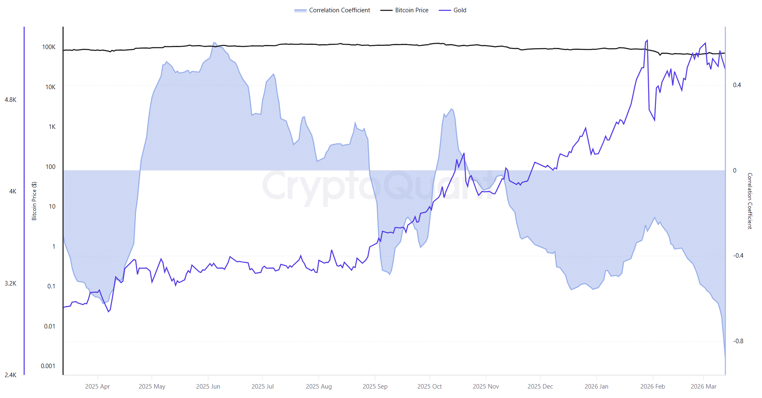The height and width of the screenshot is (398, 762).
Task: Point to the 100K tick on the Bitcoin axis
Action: point(49,47)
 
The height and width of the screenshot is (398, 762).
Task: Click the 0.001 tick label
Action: point(48,366)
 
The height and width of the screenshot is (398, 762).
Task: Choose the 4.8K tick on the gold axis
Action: point(11,100)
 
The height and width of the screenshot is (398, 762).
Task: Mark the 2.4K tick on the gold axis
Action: point(11,375)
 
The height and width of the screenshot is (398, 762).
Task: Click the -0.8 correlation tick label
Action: point(738,341)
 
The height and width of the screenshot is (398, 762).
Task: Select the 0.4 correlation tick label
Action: point(737,85)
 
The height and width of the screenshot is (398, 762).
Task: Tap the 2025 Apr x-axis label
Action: point(97,387)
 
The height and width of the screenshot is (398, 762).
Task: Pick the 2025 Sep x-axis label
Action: point(375,387)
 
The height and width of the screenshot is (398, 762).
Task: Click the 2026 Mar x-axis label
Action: point(703,387)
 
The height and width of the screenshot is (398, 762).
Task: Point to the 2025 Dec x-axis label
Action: point(540,387)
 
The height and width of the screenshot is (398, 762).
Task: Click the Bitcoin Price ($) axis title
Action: point(34,201)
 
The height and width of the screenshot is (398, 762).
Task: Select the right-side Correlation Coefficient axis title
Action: point(750,201)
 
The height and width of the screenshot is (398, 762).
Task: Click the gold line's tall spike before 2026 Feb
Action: point(647,40)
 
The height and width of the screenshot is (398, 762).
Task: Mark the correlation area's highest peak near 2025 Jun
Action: point(214,43)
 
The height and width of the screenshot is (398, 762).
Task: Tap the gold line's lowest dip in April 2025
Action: point(109,312)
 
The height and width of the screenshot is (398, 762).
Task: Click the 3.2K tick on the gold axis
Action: point(11,283)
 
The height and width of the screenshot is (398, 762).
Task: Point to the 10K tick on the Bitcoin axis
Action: point(50,87)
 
